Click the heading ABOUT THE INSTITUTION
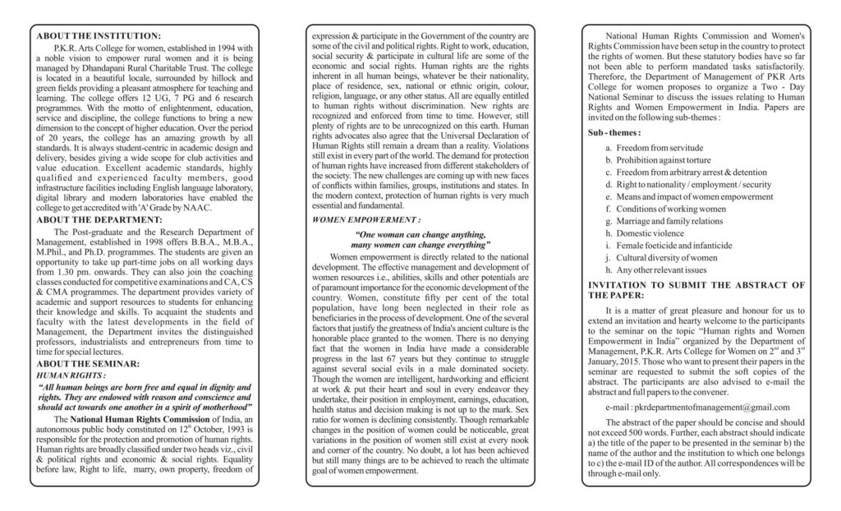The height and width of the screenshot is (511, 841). (99, 36)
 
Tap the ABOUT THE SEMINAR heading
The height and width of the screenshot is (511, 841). (89, 363)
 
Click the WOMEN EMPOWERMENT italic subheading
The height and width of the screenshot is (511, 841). (366, 220)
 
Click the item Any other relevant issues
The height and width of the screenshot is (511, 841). (661, 269)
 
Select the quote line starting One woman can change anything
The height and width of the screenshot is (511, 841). (420, 234)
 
